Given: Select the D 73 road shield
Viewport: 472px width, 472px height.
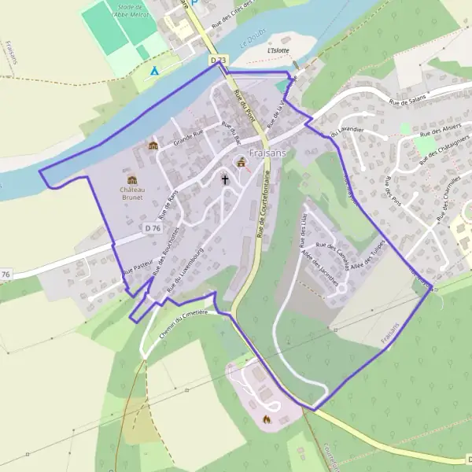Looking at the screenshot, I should (218, 59).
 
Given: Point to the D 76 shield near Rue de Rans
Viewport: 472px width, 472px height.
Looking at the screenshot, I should (153, 228).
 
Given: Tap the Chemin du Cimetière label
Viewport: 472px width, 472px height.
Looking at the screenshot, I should (182, 321).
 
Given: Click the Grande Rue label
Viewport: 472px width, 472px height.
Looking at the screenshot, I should (188, 138).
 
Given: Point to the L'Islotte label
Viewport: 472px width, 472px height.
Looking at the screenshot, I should (278, 50).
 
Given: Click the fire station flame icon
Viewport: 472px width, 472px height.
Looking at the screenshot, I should (267, 419).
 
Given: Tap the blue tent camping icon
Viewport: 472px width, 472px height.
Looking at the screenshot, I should (154, 70).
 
